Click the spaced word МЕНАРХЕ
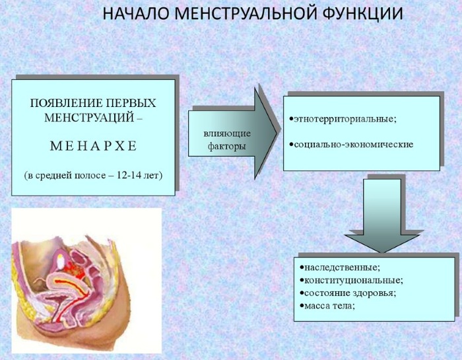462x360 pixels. coord(94,146)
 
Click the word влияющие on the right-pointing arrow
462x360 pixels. coord(227,133)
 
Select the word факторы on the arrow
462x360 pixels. coord(226,146)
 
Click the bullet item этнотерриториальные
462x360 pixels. coord(343,119)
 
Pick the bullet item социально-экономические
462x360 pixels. coord(351,145)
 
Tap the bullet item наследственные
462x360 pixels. coord(340,268)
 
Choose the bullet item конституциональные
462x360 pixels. coord(351,280)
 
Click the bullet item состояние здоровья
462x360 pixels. coord(348,293)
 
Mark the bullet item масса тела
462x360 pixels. coord(327,306)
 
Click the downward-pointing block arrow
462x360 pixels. coord(382,215)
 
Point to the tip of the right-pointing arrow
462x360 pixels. coord(277,133)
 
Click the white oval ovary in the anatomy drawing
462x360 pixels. coord(61,261)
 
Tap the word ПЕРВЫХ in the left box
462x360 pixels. coord(131,103)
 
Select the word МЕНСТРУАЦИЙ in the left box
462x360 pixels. coord(87,118)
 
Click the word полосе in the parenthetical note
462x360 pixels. coord(90,176)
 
